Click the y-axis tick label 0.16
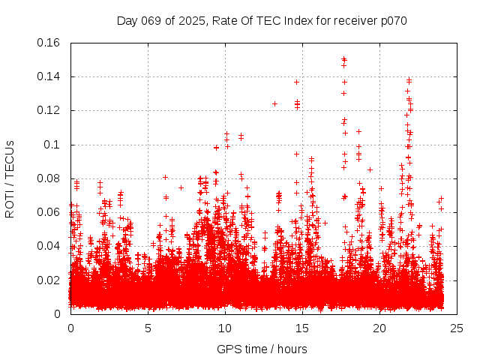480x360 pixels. coord(49,43)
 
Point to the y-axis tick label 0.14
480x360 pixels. coord(49,76)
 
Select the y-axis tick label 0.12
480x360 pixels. coord(49,110)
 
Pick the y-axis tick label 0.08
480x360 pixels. coord(49,178)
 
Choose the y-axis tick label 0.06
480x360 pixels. coord(49,212)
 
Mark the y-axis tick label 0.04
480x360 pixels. coord(49,246)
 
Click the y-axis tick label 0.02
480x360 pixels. coord(49,280)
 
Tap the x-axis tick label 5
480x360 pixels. coord(148,328)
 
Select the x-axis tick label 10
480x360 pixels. coord(225,328)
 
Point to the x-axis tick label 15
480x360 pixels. coord(302,328)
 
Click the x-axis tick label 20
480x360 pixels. coord(379,328)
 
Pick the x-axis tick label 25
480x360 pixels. coord(457,328)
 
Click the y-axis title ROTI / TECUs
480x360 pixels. coord(10,178)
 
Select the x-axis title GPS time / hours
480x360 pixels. coord(262,349)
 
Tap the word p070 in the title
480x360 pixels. coord(392,21)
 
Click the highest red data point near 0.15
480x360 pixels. coord(343,58)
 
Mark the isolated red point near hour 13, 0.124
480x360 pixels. coord(274,103)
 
